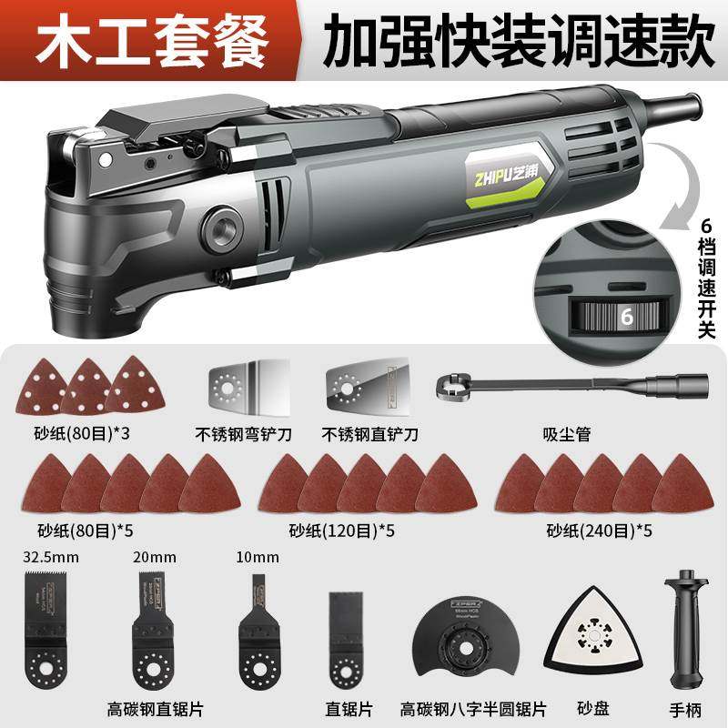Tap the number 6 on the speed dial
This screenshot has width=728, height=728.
[x=626, y=318]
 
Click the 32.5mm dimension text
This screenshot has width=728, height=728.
[x=44, y=557]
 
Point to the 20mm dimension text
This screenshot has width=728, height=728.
[x=149, y=557]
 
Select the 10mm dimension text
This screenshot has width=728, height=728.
[x=254, y=557]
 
